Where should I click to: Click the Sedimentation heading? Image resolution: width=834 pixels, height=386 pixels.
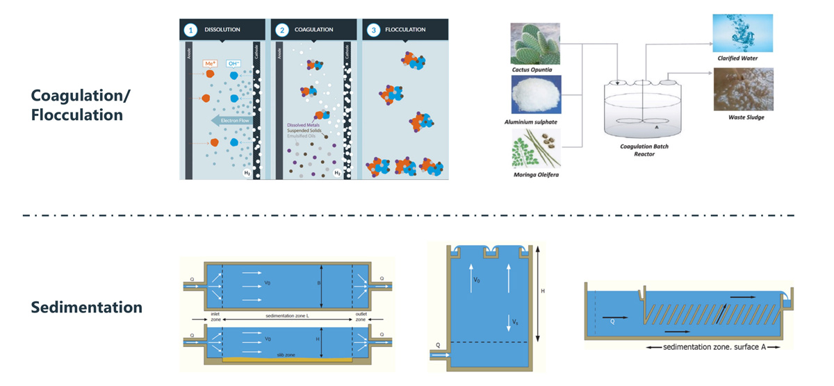pos(87,307)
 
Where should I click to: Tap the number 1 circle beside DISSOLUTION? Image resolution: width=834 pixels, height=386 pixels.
pos(190,30)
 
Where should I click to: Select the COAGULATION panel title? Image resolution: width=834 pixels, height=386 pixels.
pos(313,30)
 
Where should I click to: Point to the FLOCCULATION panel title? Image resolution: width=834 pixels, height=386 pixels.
pos(405,30)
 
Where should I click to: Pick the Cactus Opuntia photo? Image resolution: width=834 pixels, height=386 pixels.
pos(536,43)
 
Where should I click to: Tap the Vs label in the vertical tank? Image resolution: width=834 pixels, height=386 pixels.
pos(514,323)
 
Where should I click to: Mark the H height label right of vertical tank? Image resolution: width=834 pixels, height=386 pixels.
pos(543,292)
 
